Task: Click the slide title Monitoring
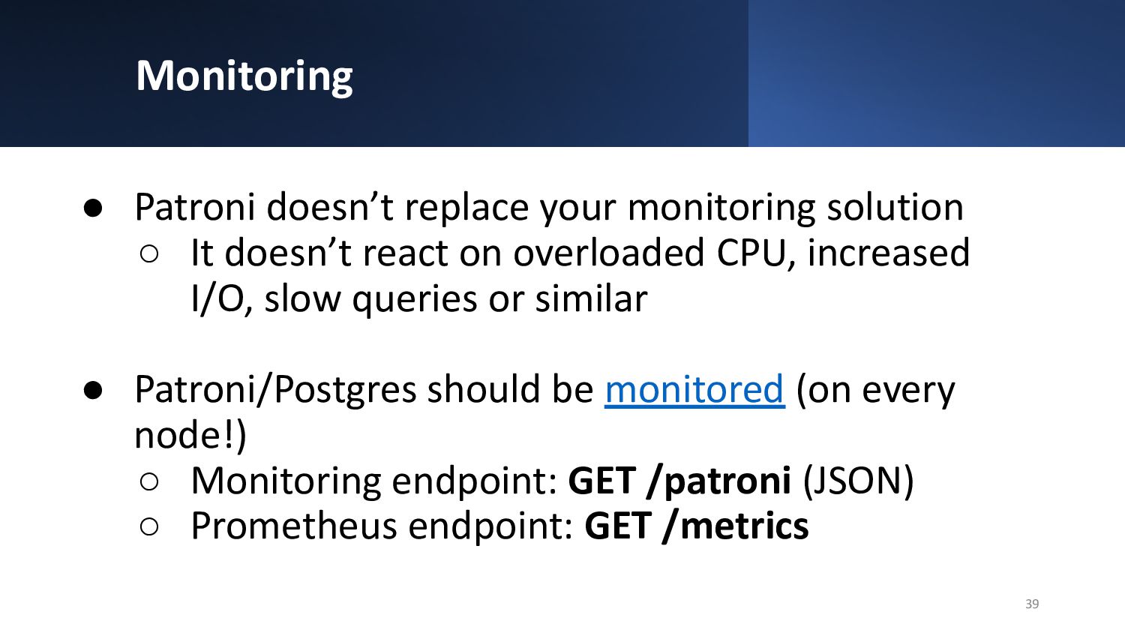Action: click(x=244, y=76)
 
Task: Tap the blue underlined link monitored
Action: click(x=694, y=389)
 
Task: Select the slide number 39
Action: click(x=1032, y=603)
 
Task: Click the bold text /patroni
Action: click(x=719, y=481)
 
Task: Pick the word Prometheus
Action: click(x=294, y=526)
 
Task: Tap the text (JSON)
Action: click(x=858, y=481)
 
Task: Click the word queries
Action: click(x=415, y=299)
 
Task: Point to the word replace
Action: click(x=466, y=207)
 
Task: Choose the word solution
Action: click(x=895, y=207)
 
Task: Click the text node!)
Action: click(x=190, y=434)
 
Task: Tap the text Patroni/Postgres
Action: click(x=276, y=390)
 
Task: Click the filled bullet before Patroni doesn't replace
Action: click(x=93, y=208)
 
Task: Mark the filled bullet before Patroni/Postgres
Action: click(x=93, y=390)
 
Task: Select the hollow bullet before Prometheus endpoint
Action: click(x=149, y=527)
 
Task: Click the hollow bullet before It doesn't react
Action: click(x=149, y=253)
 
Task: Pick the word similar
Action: click(x=591, y=298)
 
